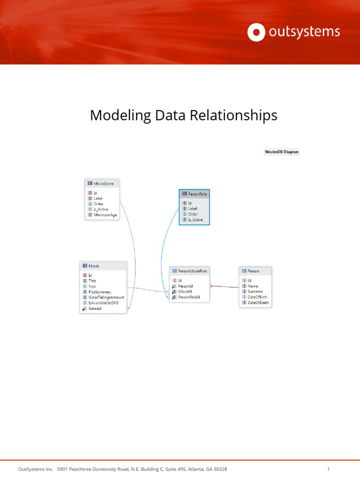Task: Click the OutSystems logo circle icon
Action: pyautogui.click(x=256, y=32)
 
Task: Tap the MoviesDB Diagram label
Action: pyautogui.click(x=281, y=152)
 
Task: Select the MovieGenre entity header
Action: pyautogui.click(x=103, y=183)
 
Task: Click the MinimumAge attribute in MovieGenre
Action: pyautogui.click(x=105, y=215)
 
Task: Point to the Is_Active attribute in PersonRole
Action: pyautogui.click(x=195, y=220)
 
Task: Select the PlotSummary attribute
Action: pyautogui.click(x=100, y=292)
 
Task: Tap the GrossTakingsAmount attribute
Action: pyautogui.click(x=106, y=298)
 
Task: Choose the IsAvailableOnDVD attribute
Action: pyautogui.click(x=103, y=303)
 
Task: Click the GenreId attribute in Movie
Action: pyautogui.click(x=95, y=309)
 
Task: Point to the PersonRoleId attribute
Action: pyautogui.click(x=189, y=297)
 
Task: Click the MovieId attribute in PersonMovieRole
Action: pyautogui.click(x=185, y=292)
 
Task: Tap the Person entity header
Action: pyautogui.click(x=253, y=271)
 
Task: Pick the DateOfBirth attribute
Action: pyautogui.click(x=257, y=297)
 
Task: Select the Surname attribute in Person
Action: pyautogui.click(x=255, y=292)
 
